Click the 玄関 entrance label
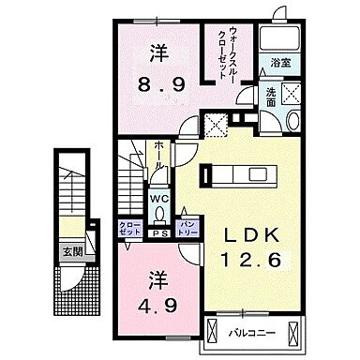click(x=72, y=251)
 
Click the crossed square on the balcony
click(x=216, y=331)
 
